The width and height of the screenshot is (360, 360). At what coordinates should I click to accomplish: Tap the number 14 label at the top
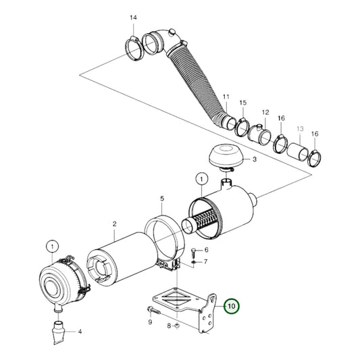132,17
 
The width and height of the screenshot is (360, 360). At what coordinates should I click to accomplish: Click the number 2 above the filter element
115,224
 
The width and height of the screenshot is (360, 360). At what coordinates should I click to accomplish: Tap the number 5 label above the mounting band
162,199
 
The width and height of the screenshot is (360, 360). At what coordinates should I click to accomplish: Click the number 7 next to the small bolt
205,261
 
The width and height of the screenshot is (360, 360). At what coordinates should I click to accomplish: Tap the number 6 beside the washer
205,249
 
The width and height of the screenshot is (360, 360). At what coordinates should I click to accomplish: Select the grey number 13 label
300,129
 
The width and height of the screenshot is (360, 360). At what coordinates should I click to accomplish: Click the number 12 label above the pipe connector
265,112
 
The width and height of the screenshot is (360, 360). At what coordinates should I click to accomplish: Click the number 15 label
242,102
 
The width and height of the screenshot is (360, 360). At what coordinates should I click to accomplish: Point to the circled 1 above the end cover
51,245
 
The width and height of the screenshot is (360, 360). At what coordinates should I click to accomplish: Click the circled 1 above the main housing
201,179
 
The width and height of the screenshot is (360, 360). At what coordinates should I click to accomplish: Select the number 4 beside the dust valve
80,332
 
